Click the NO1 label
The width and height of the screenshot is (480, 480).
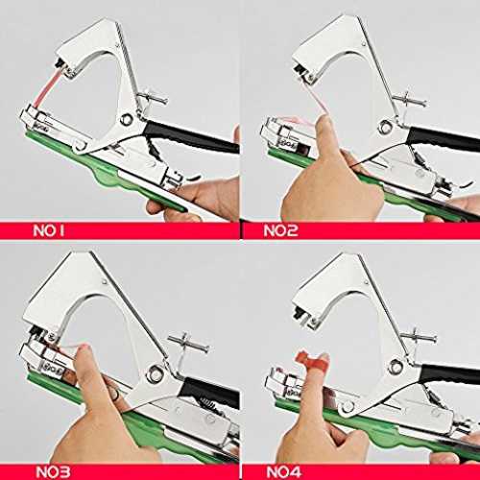pyautogui.click(x=49, y=230)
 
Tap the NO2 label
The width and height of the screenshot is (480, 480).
pyautogui.click(x=280, y=230)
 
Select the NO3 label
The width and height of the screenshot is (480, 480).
pyautogui.click(x=53, y=472)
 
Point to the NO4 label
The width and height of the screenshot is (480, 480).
pyautogui.click(x=283, y=472)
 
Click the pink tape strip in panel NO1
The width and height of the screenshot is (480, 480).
pyautogui.click(x=45, y=88)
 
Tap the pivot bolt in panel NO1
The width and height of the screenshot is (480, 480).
pyautogui.click(x=127, y=120)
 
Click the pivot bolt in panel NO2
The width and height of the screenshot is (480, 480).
pyautogui.click(x=385, y=127)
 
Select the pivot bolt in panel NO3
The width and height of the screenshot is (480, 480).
pyautogui.click(x=155, y=373)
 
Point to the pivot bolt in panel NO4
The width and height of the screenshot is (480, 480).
pyautogui.click(x=396, y=366)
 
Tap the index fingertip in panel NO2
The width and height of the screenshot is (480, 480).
pyautogui.click(x=324, y=123)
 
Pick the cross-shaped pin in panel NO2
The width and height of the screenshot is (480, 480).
pyautogui.click(x=410, y=100)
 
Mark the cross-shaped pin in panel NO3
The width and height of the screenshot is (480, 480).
pyautogui.click(x=188, y=344)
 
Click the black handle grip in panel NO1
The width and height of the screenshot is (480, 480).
pyautogui.click(x=191, y=137)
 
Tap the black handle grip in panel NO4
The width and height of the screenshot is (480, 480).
pyautogui.click(x=451, y=375)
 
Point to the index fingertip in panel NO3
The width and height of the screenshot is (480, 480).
pyautogui.click(x=84, y=352)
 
